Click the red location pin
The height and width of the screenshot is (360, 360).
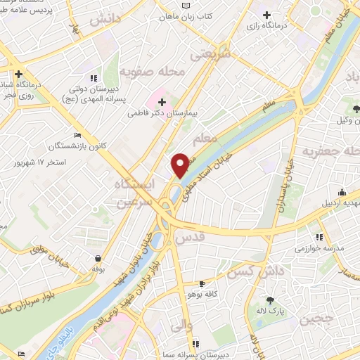coord(180,164)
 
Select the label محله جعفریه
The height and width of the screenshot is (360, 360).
coord(330,152)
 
